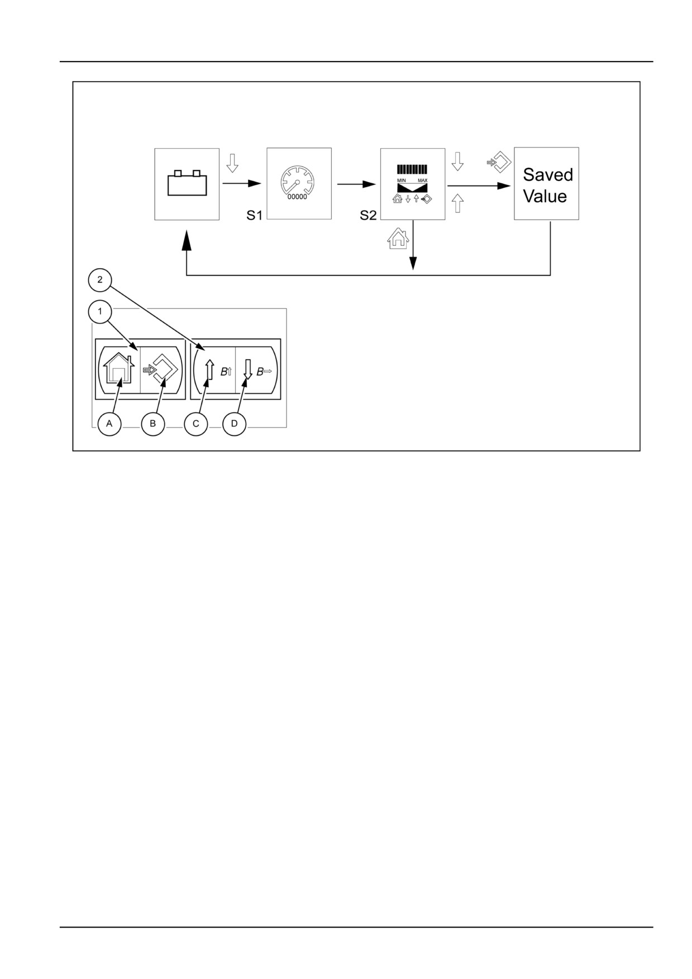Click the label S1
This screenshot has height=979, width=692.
pos(255,215)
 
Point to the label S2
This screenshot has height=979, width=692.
pos(368,215)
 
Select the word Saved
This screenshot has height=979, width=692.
pos(548,175)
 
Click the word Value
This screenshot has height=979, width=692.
pos(545,196)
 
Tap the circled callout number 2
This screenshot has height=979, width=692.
pos(100,280)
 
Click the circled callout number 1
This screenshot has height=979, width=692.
pos(100,312)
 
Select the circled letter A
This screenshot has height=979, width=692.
pos(109,424)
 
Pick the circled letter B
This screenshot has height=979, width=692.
pos(152,424)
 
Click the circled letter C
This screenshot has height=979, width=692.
pos(196,424)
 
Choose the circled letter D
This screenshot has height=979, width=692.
pos(235,424)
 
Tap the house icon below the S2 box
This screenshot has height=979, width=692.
pos(398,237)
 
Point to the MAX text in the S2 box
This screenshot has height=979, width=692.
pos(422,180)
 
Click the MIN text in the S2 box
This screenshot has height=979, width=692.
pos(402,180)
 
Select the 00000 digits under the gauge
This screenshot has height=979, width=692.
pos(297,197)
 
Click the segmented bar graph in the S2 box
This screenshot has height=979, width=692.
pos(412,170)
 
